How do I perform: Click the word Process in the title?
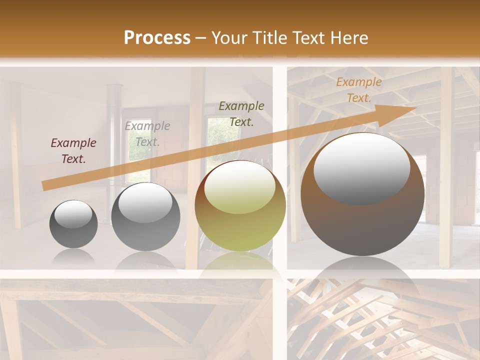coord(157,38)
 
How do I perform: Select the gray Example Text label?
coord(147,134)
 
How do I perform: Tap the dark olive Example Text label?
coord(241,114)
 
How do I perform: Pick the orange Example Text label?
coord(359,90)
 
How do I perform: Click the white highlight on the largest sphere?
coord(362,168)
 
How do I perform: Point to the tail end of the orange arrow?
coord(44,185)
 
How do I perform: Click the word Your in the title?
coord(230,38)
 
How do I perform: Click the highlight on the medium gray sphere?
coord(145,203)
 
